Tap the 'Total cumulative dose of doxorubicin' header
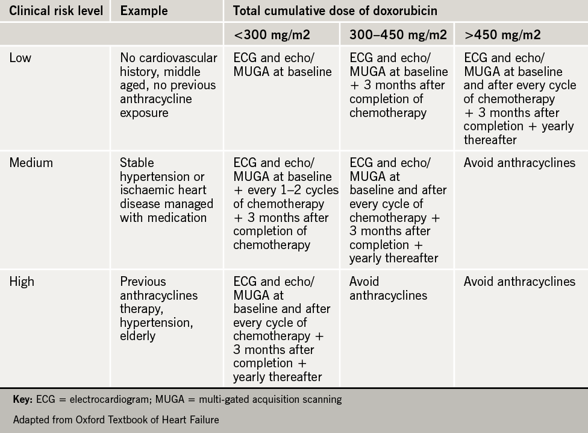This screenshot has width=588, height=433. pyautogui.click(x=335, y=10)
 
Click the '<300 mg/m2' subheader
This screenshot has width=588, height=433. pyautogui.click(x=272, y=35)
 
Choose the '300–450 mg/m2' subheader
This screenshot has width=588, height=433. pyautogui.click(x=398, y=35)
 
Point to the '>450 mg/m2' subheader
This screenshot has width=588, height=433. pyautogui.click(x=502, y=35)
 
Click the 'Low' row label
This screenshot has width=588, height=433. pyautogui.click(x=21, y=58)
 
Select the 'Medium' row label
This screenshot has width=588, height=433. pyautogui.click(x=31, y=163)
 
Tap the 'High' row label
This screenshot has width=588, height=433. pyautogui.click(x=22, y=282)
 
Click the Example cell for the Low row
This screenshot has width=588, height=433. pyautogui.click(x=168, y=85)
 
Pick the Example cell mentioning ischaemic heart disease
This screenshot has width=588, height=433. pyautogui.click(x=166, y=190)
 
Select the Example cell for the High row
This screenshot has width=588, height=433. pyautogui.click(x=158, y=308)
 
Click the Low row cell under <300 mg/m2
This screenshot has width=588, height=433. pyautogui.click(x=282, y=65)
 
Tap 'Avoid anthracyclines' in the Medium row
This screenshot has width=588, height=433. pyautogui.click(x=519, y=163)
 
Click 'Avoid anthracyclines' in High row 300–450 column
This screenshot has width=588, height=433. pyautogui.click(x=388, y=288)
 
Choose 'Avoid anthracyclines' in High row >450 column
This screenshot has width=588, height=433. pyautogui.click(x=519, y=282)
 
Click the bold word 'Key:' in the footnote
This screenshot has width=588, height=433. pyautogui.click(x=22, y=399)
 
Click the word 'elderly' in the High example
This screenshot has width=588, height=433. pyautogui.click(x=138, y=336)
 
